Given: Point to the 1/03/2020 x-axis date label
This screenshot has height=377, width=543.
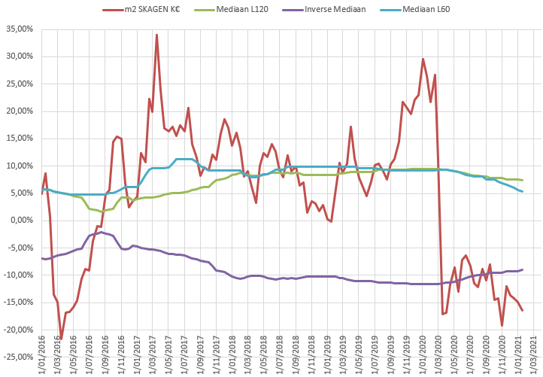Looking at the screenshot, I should point(439,355).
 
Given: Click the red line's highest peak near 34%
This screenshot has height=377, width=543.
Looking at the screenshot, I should point(156,35).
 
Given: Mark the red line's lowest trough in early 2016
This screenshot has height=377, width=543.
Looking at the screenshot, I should point(61,340).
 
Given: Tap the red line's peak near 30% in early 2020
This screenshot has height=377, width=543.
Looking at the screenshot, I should point(423,59).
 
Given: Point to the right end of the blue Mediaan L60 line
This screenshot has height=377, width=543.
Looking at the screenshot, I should point(522,191).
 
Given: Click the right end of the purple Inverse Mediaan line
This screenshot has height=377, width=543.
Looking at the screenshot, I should point(522,269).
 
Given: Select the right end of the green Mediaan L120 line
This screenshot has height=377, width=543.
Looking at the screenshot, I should point(522,181).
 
